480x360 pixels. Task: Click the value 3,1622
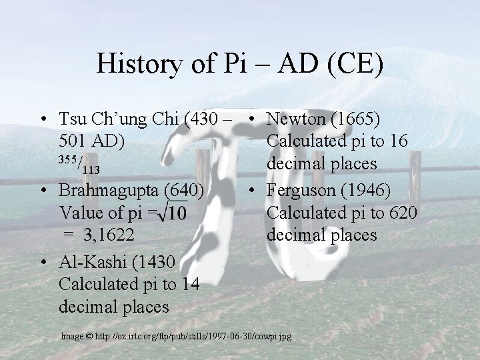(113, 236)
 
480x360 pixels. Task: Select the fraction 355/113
(79, 164)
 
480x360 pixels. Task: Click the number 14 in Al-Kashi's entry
(189, 283)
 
